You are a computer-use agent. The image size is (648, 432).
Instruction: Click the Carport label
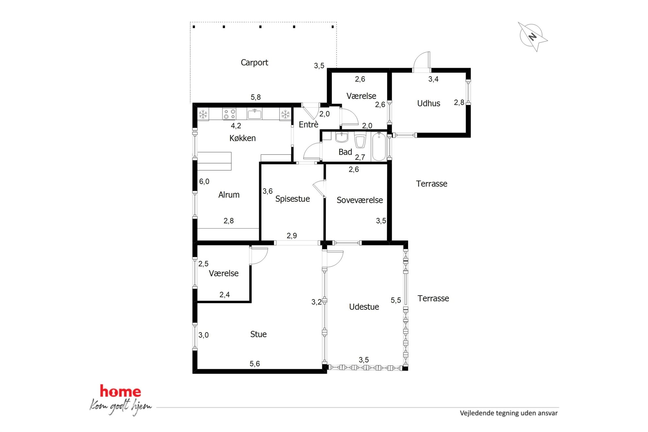point(254,62)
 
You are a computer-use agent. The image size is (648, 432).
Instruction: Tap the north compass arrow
point(533,37)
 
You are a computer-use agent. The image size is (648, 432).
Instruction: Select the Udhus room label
point(429,103)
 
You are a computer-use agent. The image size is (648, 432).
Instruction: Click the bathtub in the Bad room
point(379,146)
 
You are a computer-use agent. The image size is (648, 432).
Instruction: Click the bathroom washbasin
point(342,137)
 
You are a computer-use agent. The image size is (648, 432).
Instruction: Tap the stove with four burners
point(229,114)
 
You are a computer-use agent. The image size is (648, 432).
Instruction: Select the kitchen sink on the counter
point(254,114)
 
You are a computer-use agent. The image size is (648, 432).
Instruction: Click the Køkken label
point(242,138)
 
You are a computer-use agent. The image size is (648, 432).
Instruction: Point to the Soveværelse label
point(360,200)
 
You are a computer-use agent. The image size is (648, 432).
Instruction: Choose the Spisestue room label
point(292,199)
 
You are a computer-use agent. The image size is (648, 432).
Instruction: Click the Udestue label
point(364,307)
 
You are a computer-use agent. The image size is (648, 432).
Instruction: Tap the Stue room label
point(258,334)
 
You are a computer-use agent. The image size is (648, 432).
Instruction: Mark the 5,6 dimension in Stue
point(255,364)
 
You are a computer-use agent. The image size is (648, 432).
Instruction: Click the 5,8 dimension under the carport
point(256,97)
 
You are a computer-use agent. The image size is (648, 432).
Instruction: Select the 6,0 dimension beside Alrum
point(204,182)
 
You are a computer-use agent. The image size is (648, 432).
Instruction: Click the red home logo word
point(121,391)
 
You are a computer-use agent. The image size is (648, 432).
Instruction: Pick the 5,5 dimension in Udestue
point(396,300)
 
